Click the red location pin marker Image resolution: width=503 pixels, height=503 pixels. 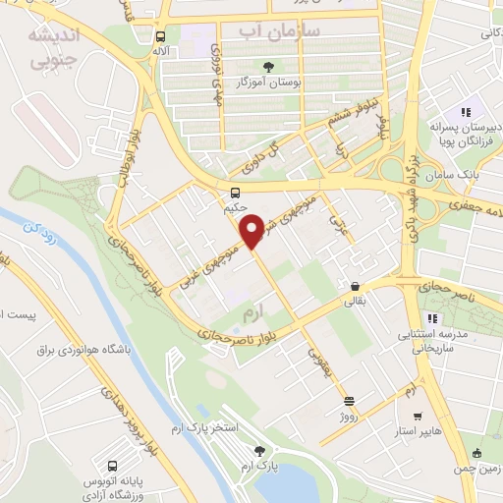pyautogui.click(x=251, y=231)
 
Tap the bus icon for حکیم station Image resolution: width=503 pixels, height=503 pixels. pyautogui.click(x=235, y=193)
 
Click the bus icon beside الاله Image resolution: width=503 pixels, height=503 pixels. pyautogui.click(x=159, y=36)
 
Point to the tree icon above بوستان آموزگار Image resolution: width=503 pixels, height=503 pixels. pyautogui.click(x=298, y=67)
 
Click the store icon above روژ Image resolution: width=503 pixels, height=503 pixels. pyautogui.click(x=350, y=400)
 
